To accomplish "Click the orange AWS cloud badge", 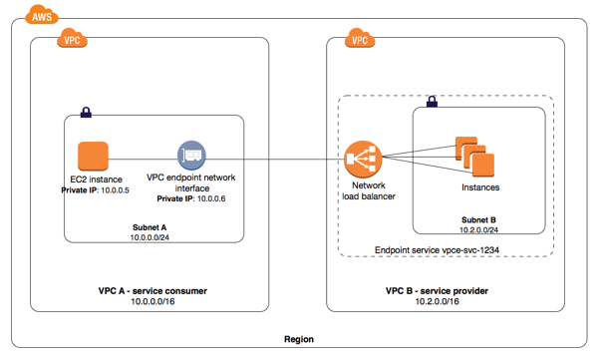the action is pyautogui.click(x=42, y=15).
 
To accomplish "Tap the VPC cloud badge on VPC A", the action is pyautogui.click(x=72, y=38).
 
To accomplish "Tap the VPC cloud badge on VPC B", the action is pyautogui.click(x=360, y=38).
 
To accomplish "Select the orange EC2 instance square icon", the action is pyautogui.click(x=93, y=156).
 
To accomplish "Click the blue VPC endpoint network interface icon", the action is pyautogui.click(x=191, y=156).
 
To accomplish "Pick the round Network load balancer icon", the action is pyautogui.click(x=363, y=159).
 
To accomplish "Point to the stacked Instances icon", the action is pyautogui.click(x=475, y=157).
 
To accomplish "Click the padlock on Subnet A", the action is pyautogui.click(x=86, y=112).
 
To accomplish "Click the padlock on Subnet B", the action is pyautogui.click(x=432, y=102).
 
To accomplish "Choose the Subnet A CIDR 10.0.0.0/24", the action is pyautogui.click(x=150, y=237).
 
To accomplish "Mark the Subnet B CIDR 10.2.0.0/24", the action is pyautogui.click(x=478, y=229).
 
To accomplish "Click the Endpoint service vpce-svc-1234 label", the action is pyautogui.click(x=437, y=250).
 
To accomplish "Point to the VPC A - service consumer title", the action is pyautogui.click(x=152, y=291).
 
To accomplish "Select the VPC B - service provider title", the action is pyautogui.click(x=437, y=291).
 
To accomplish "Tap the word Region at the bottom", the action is pyautogui.click(x=299, y=339).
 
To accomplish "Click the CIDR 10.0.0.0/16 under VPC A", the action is pyautogui.click(x=152, y=301).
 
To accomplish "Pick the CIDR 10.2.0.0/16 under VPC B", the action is pyautogui.click(x=438, y=301).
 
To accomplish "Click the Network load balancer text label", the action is pyautogui.click(x=369, y=190).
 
